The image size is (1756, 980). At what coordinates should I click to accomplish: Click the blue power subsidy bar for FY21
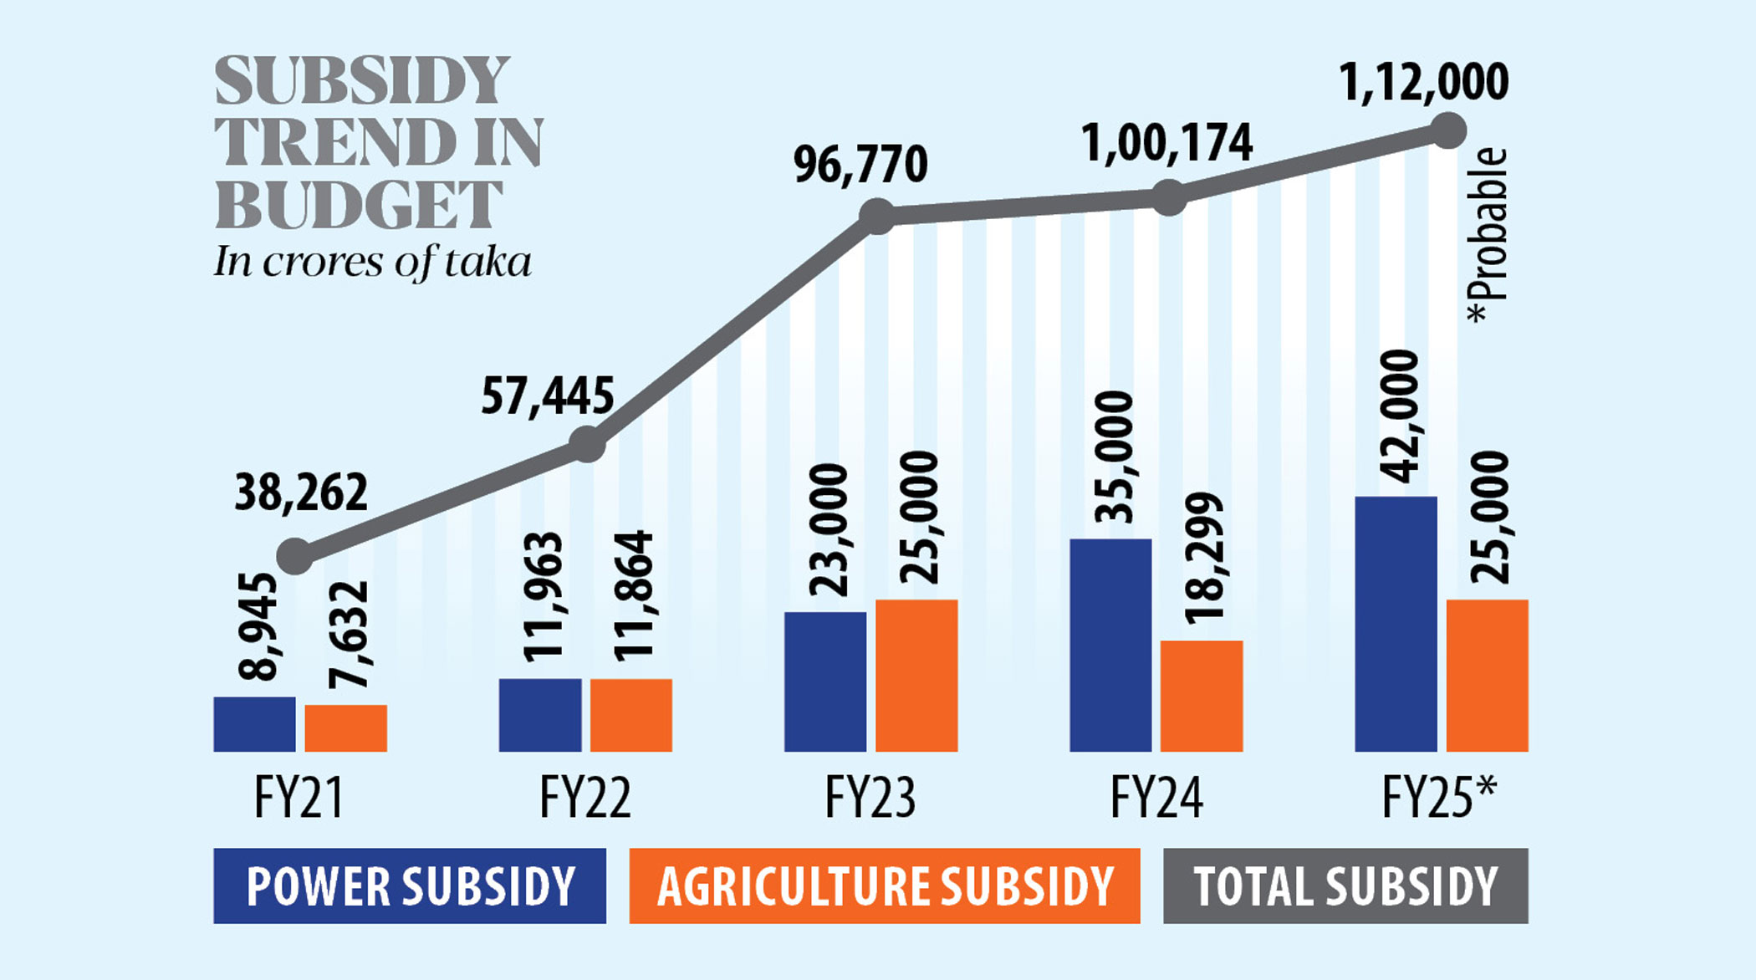(254, 724)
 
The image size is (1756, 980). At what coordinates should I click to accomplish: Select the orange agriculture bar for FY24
(1202, 696)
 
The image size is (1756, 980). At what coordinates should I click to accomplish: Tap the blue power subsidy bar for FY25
(1396, 624)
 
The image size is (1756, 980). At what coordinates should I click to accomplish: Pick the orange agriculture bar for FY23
(916, 676)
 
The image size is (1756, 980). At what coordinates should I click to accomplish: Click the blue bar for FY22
(540, 715)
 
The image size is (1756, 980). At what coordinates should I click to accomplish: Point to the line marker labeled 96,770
(877, 217)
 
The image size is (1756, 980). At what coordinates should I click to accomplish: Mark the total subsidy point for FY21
(295, 555)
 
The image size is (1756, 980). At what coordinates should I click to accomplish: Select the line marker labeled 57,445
(587, 444)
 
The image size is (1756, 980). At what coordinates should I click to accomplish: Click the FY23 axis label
(870, 798)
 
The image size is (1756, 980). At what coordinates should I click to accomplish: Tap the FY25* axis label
(1438, 798)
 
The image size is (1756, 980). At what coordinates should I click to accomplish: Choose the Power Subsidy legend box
(410, 886)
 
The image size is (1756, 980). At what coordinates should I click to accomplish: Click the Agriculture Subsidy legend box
(884, 886)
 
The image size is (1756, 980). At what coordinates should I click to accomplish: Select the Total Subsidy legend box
(1345, 886)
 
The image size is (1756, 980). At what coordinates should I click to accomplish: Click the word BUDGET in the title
(360, 206)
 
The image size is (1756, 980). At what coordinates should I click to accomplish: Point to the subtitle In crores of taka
(373, 263)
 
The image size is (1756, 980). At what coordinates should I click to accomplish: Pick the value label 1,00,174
(1166, 144)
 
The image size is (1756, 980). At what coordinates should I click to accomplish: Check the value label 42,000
(1399, 416)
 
